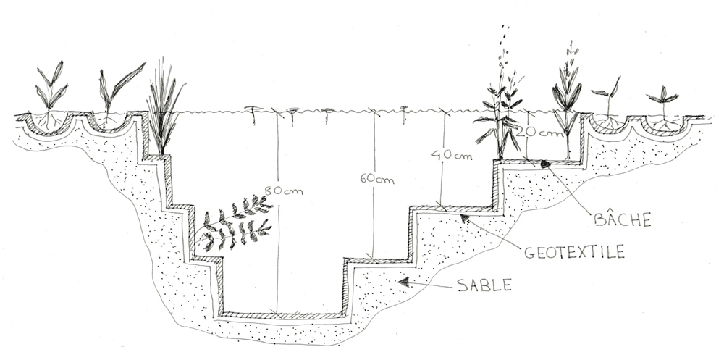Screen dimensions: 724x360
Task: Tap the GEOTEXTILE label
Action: tap(574, 252)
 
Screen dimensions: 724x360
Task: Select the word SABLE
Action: tap(484, 285)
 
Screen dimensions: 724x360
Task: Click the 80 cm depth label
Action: tap(284, 190)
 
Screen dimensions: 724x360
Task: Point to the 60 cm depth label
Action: tap(376, 179)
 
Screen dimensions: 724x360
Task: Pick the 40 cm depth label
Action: tap(452, 155)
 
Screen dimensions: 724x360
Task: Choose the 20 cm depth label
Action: tap(540, 132)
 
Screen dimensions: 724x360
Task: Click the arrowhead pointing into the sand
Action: tap(404, 282)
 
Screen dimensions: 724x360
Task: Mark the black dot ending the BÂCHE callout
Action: tap(545, 163)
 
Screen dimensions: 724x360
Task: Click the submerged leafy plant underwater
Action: tap(235, 223)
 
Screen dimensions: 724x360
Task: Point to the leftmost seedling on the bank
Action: tap(51, 95)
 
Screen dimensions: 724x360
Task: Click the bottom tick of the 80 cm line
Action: tap(277, 314)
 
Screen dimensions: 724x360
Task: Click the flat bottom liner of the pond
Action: tap(282, 315)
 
